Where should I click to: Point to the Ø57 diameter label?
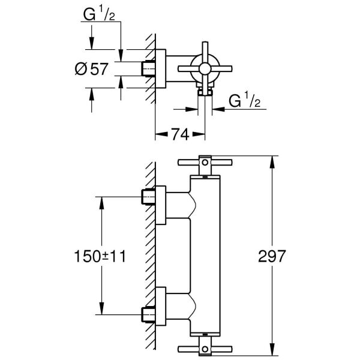coord(91,69)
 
